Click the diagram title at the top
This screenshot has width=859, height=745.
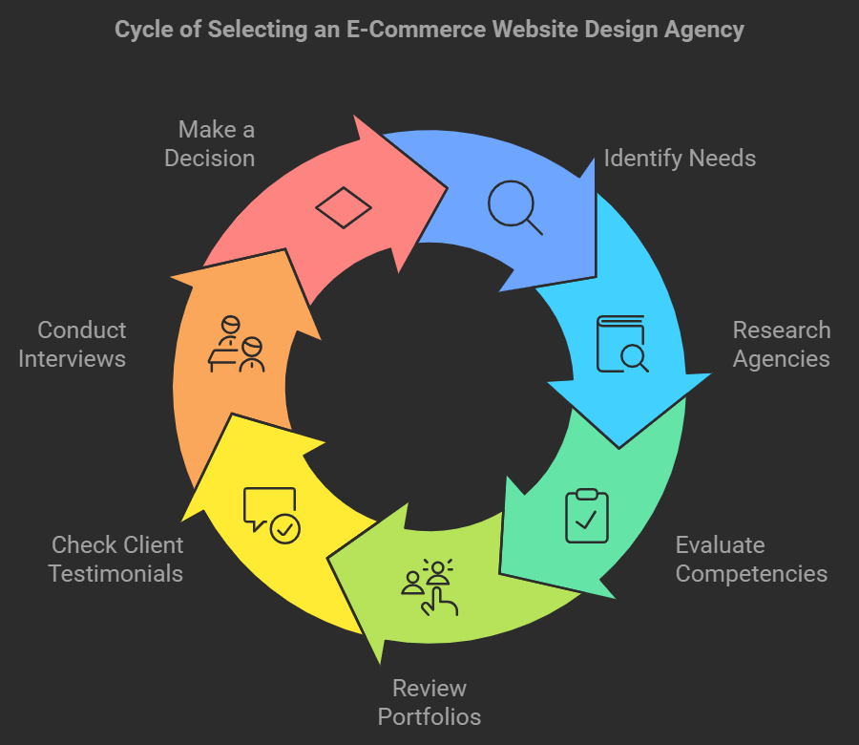pos(429,30)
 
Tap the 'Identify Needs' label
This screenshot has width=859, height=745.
pos(680,159)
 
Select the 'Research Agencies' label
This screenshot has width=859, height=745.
pos(781,344)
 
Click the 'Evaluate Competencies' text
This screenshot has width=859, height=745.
pos(751,559)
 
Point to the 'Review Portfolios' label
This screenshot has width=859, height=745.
pos(429,702)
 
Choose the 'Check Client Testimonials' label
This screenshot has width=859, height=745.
pos(116,559)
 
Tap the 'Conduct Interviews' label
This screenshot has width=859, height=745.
pos(81,344)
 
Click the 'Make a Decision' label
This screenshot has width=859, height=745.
pos(210,143)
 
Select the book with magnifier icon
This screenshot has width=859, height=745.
pos(621,343)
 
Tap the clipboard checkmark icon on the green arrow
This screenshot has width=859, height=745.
pos(586,515)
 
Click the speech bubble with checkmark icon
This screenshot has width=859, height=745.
pos(272,515)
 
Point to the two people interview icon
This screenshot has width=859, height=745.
pos(238,344)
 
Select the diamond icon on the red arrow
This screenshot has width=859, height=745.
pos(344,207)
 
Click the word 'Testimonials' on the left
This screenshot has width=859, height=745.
pos(116,573)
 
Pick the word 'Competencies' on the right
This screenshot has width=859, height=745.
pos(751,573)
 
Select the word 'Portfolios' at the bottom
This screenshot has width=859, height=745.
pos(429,716)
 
